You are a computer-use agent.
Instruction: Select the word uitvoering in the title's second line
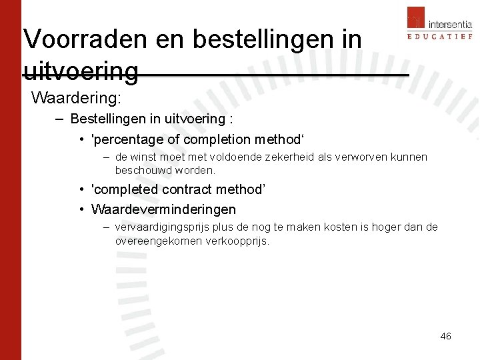81,71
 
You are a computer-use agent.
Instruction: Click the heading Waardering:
76,98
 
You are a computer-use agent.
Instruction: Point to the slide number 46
445,336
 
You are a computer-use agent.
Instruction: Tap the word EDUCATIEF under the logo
439,36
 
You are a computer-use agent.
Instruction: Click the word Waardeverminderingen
163,209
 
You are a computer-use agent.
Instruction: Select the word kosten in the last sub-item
340,227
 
